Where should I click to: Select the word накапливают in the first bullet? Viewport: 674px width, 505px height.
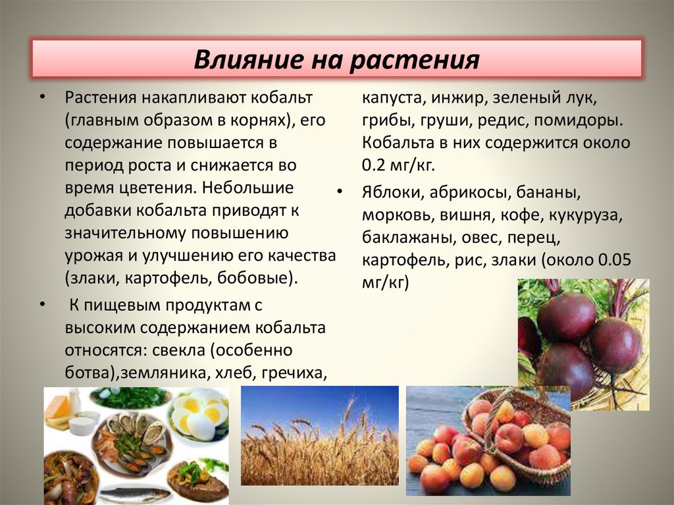pos(190,98)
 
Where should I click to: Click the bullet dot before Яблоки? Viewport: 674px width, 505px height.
pos(340,190)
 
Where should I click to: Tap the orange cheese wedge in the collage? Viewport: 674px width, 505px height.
pos(58,407)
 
